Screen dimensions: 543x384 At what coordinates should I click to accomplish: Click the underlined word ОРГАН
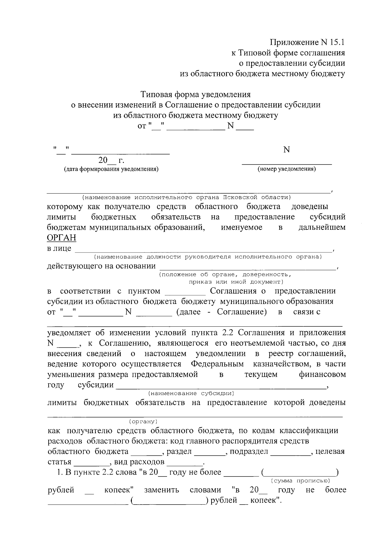click(x=61, y=238)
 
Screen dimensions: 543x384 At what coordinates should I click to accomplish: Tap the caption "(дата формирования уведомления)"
click(x=111, y=169)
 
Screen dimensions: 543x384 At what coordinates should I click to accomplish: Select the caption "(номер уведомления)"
click(x=286, y=169)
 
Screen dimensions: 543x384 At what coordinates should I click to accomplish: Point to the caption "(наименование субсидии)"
click(x=191, y=393)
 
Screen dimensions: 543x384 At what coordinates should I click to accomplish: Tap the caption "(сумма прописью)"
click(x=300, y=481)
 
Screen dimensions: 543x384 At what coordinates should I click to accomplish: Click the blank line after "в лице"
click(x=204, y=250)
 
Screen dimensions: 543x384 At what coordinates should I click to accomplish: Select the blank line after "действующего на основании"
click(x=247, y=268)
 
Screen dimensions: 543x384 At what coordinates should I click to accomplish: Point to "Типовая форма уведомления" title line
click(x=196, y=94)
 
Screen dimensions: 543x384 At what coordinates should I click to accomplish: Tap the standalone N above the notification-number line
click(x=286, y=149)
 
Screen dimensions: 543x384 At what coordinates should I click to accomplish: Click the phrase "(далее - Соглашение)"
click(x=221, y=312)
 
